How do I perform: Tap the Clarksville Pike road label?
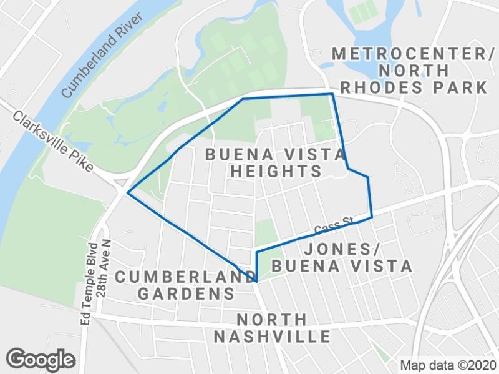[x=52, y=142]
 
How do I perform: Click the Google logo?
[x=41, y=359]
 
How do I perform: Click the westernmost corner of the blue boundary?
[x=127, y=193]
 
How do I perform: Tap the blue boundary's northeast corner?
[x=332, y=94]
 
